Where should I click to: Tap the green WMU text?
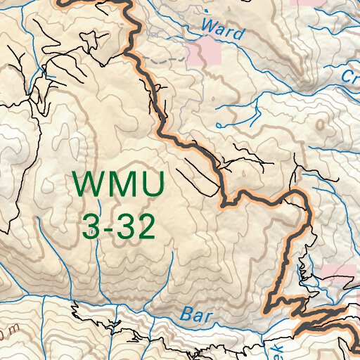click(120, 185)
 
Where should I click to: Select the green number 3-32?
click(117, 226)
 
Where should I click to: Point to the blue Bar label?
click(196, 314)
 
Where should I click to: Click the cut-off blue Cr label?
click(350, 76)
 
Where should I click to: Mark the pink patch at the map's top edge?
click(302, 3)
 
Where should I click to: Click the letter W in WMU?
click(88, 185)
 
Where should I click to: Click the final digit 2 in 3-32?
click(144, 226)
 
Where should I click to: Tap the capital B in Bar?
click(186, 313)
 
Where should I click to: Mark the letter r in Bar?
click(207, 316)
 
